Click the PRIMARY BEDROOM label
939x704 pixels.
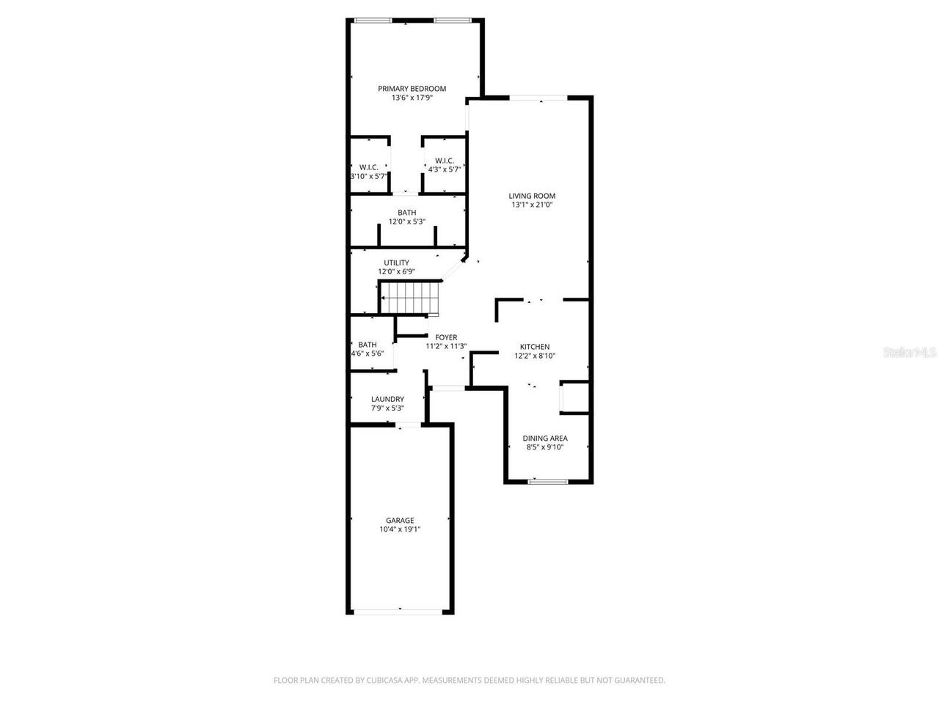[x=412, y=89]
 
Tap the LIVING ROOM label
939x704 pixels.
[x=532, y=196]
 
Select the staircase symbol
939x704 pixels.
[x=410, y=298]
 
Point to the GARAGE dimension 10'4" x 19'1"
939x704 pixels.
[x=400, y=529]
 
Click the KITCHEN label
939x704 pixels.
[x=535, y=347]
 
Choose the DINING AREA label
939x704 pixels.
[x=545, y=438]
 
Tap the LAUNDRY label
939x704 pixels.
[x=387, y=399]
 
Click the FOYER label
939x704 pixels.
[x=446, y=337]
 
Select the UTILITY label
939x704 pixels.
[x=397, y=263]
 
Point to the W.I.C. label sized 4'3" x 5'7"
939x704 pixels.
[x=445, y=161]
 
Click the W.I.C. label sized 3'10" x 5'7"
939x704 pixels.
[x=369, y=167]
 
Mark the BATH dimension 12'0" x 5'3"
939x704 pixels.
[x=407, y=221]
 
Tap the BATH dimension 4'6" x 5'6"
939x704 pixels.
[x=368, y=353]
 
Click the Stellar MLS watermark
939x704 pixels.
[x=910, y=352]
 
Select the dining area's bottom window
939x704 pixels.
[x=548, y=481]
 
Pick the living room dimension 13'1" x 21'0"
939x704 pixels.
[x=532, y=205]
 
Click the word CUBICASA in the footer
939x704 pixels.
[x=384, y=680]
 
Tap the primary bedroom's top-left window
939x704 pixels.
[x=373, y=20]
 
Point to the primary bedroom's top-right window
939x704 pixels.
[x=453, y=20]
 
